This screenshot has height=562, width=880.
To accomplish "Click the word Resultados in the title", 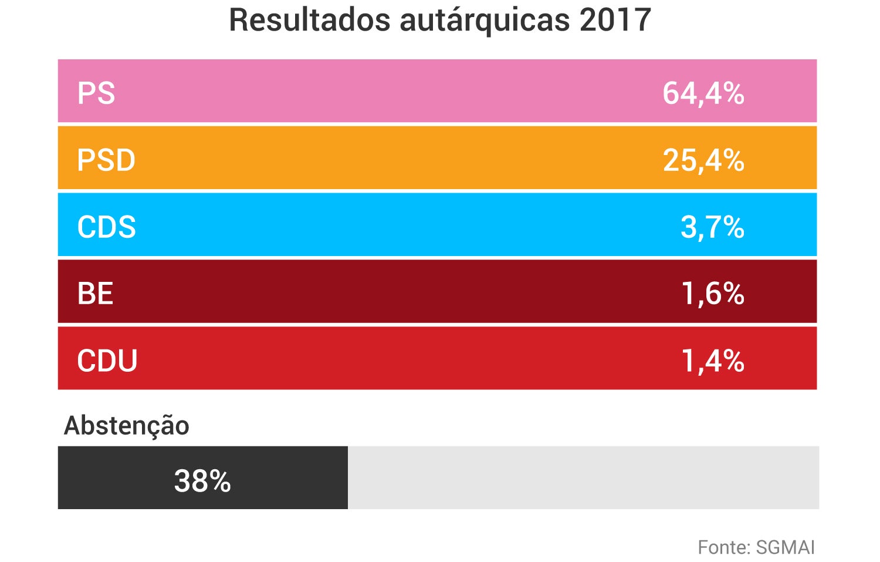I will click(310, 20).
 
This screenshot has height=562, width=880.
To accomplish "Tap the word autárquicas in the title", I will click(485, 20).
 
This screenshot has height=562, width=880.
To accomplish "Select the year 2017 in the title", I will click(615, 20).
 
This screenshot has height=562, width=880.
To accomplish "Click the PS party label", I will click(96, 93).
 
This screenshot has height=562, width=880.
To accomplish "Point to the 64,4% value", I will click(703, 93).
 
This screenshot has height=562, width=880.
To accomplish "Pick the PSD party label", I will click(106, 160).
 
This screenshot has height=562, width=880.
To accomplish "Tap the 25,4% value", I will click(703, 160).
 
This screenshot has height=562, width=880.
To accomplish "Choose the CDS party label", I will click(106, 227).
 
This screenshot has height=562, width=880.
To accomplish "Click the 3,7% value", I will click(712, 227).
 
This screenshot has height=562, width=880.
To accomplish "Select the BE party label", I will click(95, 294).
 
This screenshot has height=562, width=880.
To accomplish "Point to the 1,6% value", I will click(712, 294).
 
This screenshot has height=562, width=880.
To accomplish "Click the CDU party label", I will click(107, 361).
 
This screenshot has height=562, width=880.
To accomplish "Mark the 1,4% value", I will click(712, 361).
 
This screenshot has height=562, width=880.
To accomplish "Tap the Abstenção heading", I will click(127, 426).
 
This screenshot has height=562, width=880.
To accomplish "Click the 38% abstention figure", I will click(202, 481).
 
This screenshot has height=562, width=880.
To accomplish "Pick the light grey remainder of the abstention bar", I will click(583, 477).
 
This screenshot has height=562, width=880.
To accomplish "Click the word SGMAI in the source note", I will click(786, 547).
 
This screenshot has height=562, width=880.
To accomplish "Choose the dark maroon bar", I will click(411, 292).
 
